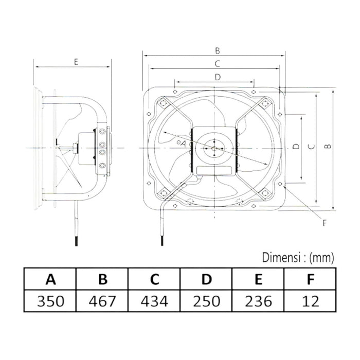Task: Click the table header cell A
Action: (x=50, y=280)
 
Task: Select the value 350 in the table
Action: (x=50, y=301)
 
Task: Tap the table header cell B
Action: (x=102, y=280)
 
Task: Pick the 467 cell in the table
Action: (x=102, y=301)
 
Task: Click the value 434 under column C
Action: (x=154, y=301)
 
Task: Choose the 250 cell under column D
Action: (x=206, y=301)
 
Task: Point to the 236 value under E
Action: (x=258, y=301)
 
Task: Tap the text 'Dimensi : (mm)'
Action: (x=298, y=256)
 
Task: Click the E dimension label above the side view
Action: (x=76, y=62)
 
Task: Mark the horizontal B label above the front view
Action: (x=218, y=50)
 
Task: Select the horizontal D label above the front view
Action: (x=218, y=77)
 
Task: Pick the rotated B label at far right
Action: (x=328, y=147)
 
